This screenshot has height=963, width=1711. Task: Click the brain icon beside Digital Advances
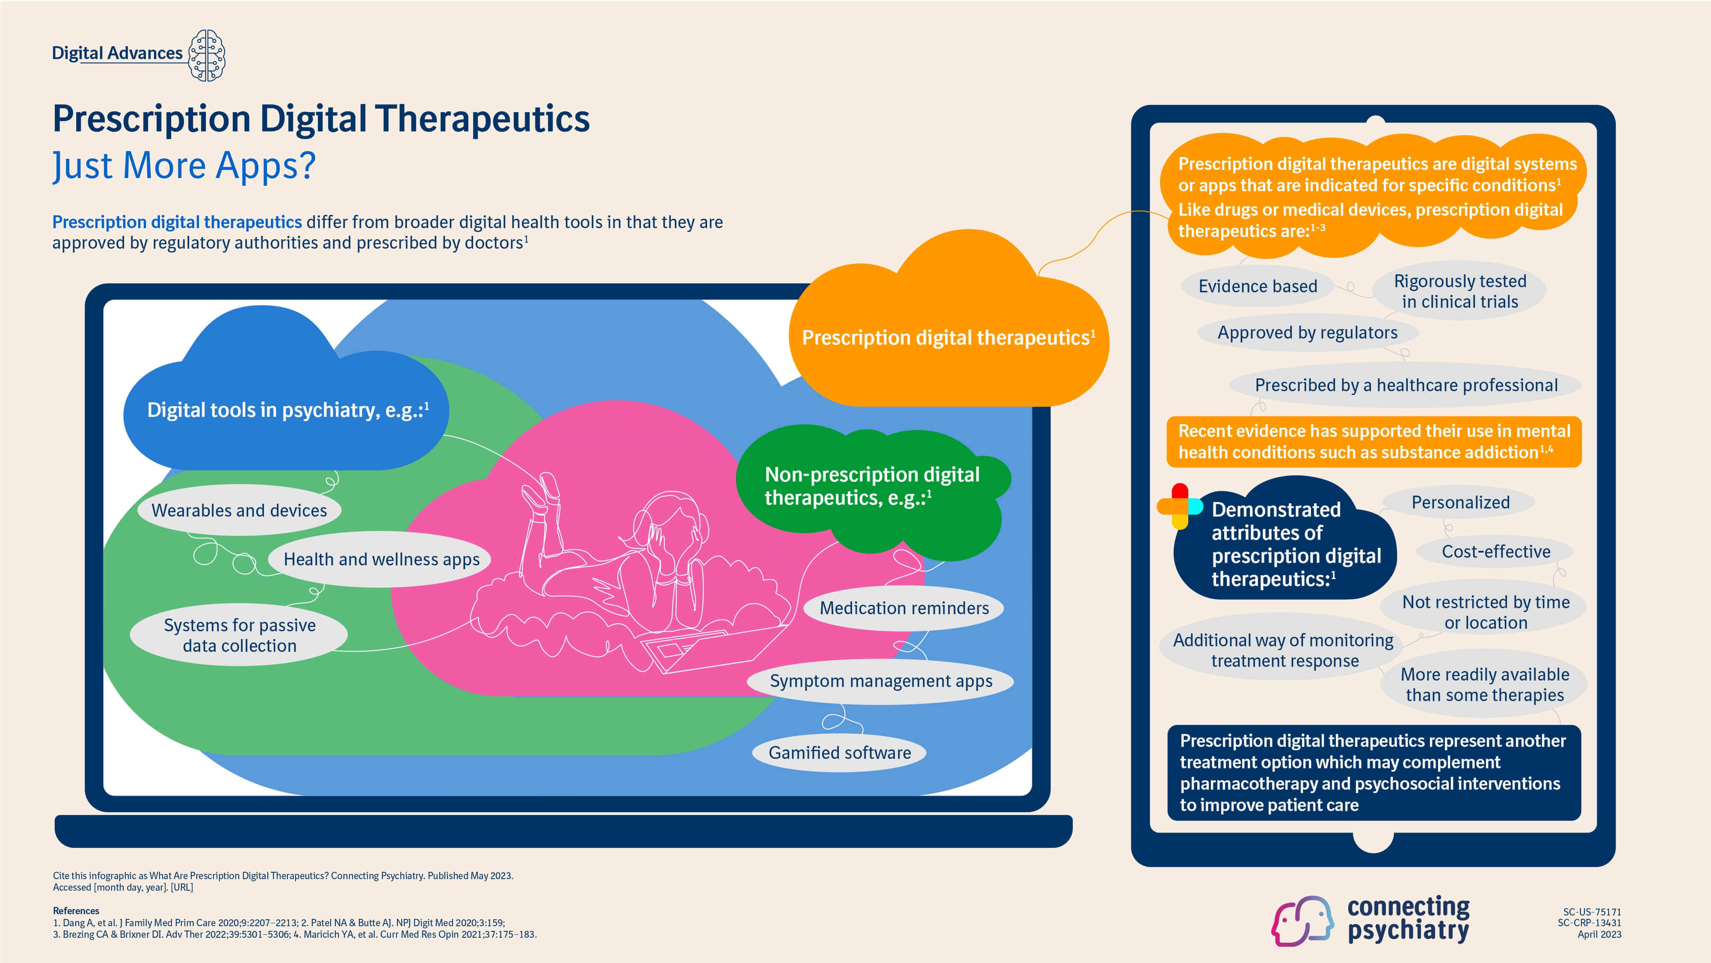coord(207,55)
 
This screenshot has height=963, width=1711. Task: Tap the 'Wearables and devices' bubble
coord(239,511)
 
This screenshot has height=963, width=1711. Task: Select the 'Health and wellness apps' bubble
coord(381,559)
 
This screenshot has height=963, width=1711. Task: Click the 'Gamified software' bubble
coord(840,753)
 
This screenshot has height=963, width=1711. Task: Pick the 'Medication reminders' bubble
coord(903,608)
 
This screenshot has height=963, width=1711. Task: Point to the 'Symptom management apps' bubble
coord(881,681)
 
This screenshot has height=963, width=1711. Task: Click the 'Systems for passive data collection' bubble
coord(239,635)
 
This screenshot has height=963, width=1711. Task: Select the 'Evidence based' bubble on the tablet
coord(1257,286)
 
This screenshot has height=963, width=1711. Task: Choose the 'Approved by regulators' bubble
coord(1307,333)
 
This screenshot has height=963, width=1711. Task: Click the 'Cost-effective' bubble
coord(1495,552)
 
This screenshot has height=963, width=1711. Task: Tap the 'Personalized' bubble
coord(1460,502)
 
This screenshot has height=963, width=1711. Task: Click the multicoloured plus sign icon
coord(1180,506)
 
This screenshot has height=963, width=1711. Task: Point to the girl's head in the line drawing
coord(671,525)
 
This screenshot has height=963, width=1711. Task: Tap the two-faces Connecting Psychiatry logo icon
coord(1302,921)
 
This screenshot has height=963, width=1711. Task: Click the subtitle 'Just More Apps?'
coord(184,166)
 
